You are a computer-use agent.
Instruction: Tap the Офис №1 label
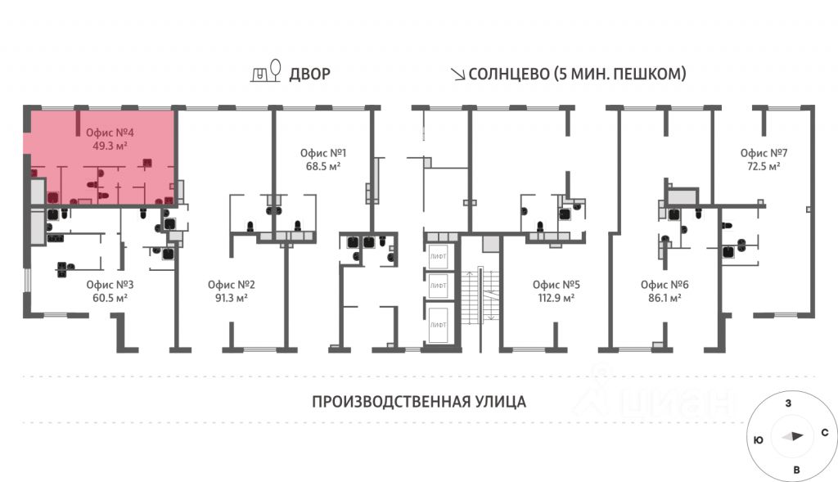(x=323, y=153)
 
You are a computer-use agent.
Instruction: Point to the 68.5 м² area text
(x=323, y=166)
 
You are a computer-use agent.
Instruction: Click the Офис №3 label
(x=110, y=285)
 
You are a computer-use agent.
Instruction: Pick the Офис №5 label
(x=556, y=285)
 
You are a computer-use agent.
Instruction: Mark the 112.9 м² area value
(x=556, y=298)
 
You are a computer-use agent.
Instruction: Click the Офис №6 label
(x=665, y=285)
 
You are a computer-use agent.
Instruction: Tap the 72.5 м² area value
(x=763, y=166)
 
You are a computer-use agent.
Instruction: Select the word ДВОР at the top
(x=309, y=74)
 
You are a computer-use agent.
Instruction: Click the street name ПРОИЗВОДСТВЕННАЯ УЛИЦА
(x=418, y=402)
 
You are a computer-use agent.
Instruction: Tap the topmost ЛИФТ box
(x=439, y=256)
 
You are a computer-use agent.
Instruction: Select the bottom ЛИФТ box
(x=439, y=325)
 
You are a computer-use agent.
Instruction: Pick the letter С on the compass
(x=824, y=432)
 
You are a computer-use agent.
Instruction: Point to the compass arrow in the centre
(x=792, y=437)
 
